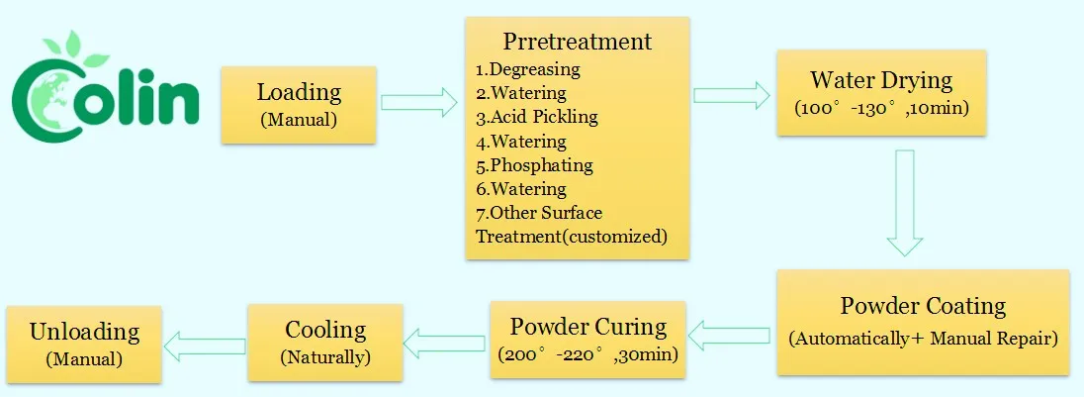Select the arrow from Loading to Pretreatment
pyautogui.click(x=419, y=101)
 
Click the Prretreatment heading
pyautogui.click(x=578, y=42)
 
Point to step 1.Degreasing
pyautogui.click(x=527, y=70)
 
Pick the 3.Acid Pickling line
pyautogui.click(x=536, y=117)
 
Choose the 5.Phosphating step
pyautogui.click(x=534, y=164)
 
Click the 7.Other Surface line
pyautogui.click(x=539, y=213)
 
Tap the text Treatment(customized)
pyautogui.click(x=572, y=236)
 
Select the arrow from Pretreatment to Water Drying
pyautogui.click(x=732, y=95)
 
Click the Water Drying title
pyautogui.click(x=880, y=80)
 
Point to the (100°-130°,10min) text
pyautogui.click(x=880, y=106)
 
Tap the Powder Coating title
pyautogui.click(x=923, y=306)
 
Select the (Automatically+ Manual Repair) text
pyautogui.click(x=923, y=339)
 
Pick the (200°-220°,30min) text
pyautogui.click(x=587, y=354)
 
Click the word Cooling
pyautogui.click(x=325, y=330)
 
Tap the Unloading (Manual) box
pyautogui.click(x=82, y=343)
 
